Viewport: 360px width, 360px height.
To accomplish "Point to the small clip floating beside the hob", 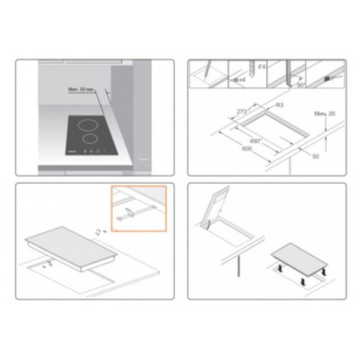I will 96,231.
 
